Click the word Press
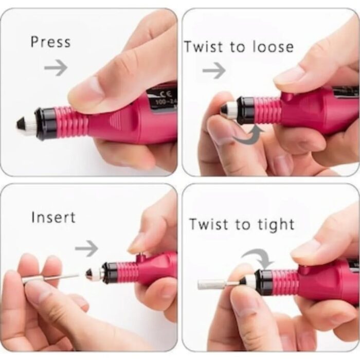click(x=51, y=42)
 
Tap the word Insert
click(x=53, y=217)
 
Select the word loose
click(x=273, y=47)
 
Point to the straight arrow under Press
click(x=56, y=67)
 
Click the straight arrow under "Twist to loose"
click(x=214, y=70)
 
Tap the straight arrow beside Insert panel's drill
click(x=86, y=248)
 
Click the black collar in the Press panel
click(x=45, y=123)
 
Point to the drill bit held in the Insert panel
click(x=50, y=279)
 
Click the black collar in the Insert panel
click(x=111, y=274)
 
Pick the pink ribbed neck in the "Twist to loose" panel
click(x=268, y=110)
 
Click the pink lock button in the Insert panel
click(x=141, y=258)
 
